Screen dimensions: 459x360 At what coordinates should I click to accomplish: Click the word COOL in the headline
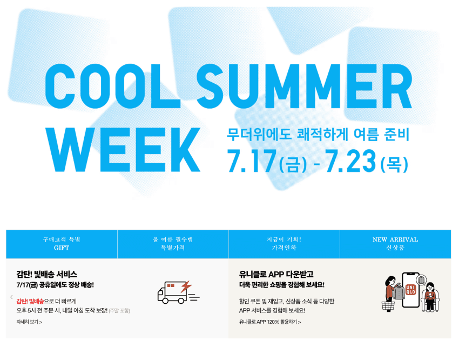(112, 86)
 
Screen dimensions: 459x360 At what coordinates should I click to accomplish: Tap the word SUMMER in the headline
(305, 86)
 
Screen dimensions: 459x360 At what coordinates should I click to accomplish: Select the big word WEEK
(123, 149)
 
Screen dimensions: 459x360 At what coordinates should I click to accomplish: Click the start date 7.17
(252, 161)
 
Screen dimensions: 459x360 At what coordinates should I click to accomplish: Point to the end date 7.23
(350, 161)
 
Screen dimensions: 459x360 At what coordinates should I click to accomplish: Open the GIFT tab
(62, 244)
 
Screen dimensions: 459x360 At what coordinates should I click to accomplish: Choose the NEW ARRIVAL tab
(395, 244)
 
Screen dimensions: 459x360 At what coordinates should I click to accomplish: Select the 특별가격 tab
(173, 244)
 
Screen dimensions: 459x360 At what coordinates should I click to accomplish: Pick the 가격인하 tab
(284, 244)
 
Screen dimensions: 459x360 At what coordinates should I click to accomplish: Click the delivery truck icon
(178, 292)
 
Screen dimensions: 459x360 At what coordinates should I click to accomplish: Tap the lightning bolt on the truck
(186, 286)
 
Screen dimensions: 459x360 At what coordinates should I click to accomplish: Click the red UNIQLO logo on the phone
(411, 290)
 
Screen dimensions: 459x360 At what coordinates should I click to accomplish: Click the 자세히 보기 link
(29, 322)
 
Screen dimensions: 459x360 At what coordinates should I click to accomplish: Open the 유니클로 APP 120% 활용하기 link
(270, 322)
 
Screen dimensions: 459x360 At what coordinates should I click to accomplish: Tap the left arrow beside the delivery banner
(11, 297)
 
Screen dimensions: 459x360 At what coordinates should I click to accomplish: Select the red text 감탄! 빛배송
(30, 301)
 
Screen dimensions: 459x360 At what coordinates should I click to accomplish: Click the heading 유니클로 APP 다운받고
(276, 275)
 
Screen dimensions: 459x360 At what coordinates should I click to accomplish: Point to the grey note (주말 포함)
(119, 310)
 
